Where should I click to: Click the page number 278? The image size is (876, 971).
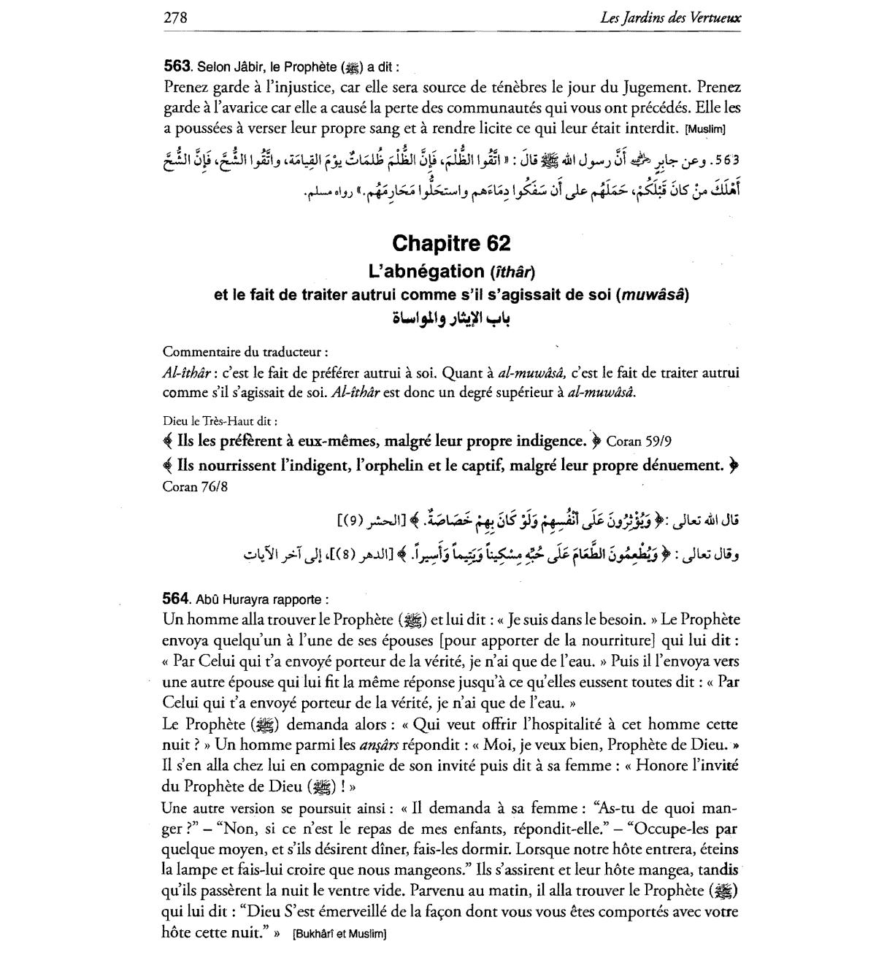coord(176,18)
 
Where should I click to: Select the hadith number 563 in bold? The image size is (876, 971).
coord(177,66)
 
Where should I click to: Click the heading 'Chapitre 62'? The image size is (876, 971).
coord(450,243)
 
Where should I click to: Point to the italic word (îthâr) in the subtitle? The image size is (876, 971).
coord(512,272)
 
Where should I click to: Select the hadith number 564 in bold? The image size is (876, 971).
coord(177,598)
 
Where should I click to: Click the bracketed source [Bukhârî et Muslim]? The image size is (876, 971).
coord(339,934)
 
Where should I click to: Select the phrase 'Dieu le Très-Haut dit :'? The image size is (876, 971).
coord(220,421)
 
